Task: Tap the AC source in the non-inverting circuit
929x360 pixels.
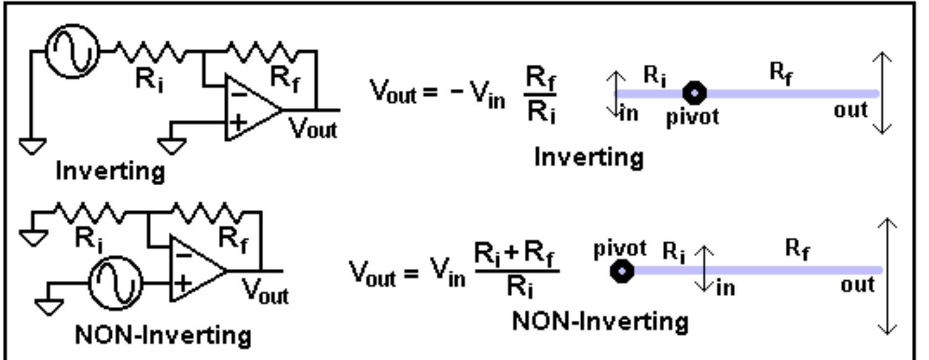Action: coord(116,283)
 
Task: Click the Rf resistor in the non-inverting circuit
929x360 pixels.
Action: coord(206,212)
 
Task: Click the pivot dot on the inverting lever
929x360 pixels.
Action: coord(695,92)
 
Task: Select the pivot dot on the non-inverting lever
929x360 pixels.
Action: coord(622,271)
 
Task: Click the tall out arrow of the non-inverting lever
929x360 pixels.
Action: coord(886,276)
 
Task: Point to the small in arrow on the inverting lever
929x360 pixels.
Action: coord(616,94)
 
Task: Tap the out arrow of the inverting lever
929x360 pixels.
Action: coord(882,93)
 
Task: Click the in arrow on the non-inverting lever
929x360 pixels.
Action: coord(704,269)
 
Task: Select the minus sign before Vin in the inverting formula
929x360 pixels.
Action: coord(456,91)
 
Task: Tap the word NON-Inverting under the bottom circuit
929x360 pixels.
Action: coord(163,335)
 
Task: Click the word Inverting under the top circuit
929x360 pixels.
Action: coord(111,171)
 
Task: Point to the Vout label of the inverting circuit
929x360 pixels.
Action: coord(313,129)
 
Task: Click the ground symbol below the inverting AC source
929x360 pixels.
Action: coord(33,146)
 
